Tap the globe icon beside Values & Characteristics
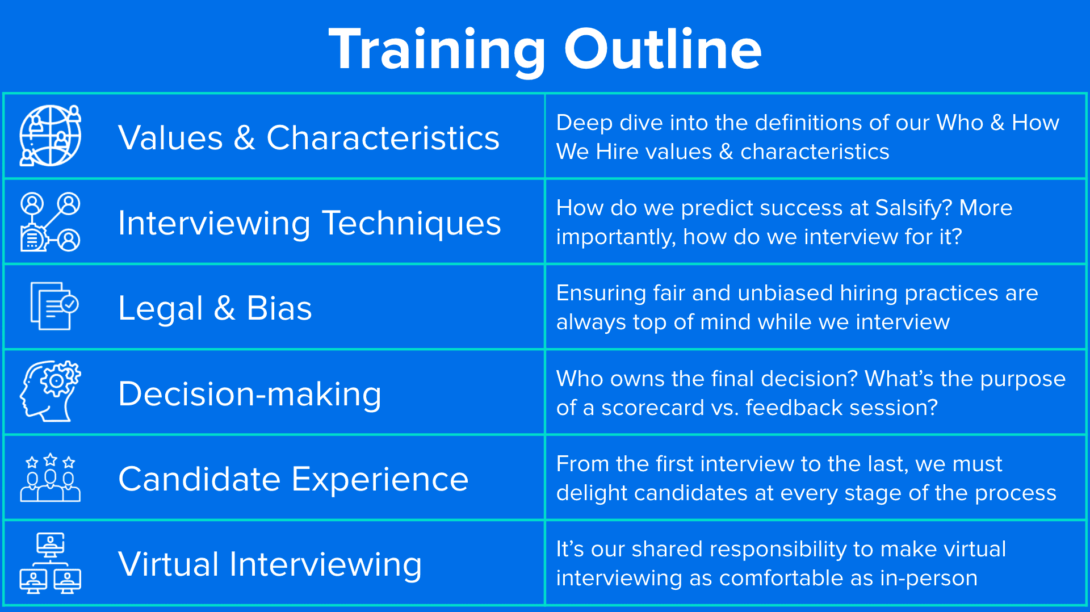click(51, 136)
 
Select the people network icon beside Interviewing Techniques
click(51, 221)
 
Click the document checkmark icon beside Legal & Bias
click(54, 306)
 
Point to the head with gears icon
click(51, 391)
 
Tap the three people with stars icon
click(51, 477)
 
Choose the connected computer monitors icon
click(51, 563)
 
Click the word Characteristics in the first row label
click(383, 138)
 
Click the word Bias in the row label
click(279, 308)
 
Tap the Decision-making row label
click(250, 394)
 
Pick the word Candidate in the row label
click(199, 479)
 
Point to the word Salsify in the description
click(913, 209)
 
